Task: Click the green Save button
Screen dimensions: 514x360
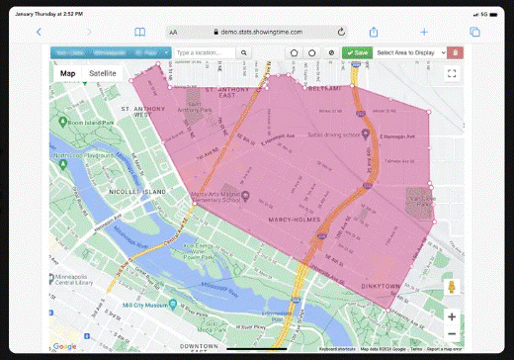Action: (357, 52)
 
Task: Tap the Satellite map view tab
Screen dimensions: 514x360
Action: (102, 73)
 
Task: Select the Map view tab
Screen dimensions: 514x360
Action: (67, 73)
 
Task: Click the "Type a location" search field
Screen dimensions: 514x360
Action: (206, 52)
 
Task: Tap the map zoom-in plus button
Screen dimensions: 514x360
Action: (452, 316)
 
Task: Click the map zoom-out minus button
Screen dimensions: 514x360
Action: (452, 334)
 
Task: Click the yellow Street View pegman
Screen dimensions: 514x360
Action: (452, 287)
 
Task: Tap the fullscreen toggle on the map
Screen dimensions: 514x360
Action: (452, 73)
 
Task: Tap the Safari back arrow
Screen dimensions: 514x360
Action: (39, 32)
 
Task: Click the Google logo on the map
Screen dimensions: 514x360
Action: (65, 346)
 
